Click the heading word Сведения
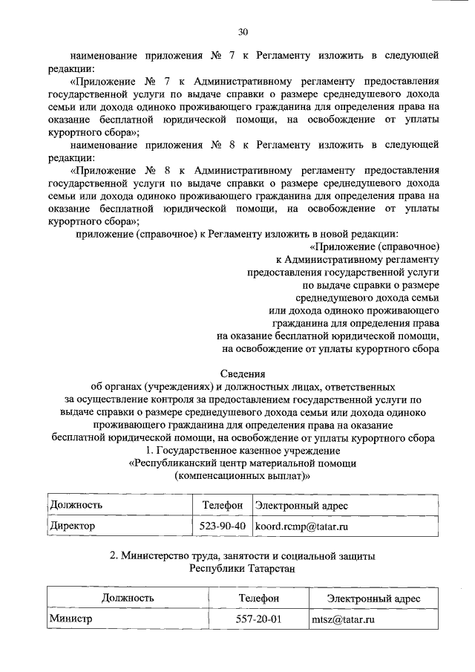(x=243, y=373)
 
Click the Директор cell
(x=73, y=526)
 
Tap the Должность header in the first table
(x=76, y=506)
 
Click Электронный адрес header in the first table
(x=301, y=506)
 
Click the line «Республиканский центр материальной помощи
(x=243, y=463)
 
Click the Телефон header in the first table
(x=223, y=506)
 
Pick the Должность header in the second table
(x=128, y=598)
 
